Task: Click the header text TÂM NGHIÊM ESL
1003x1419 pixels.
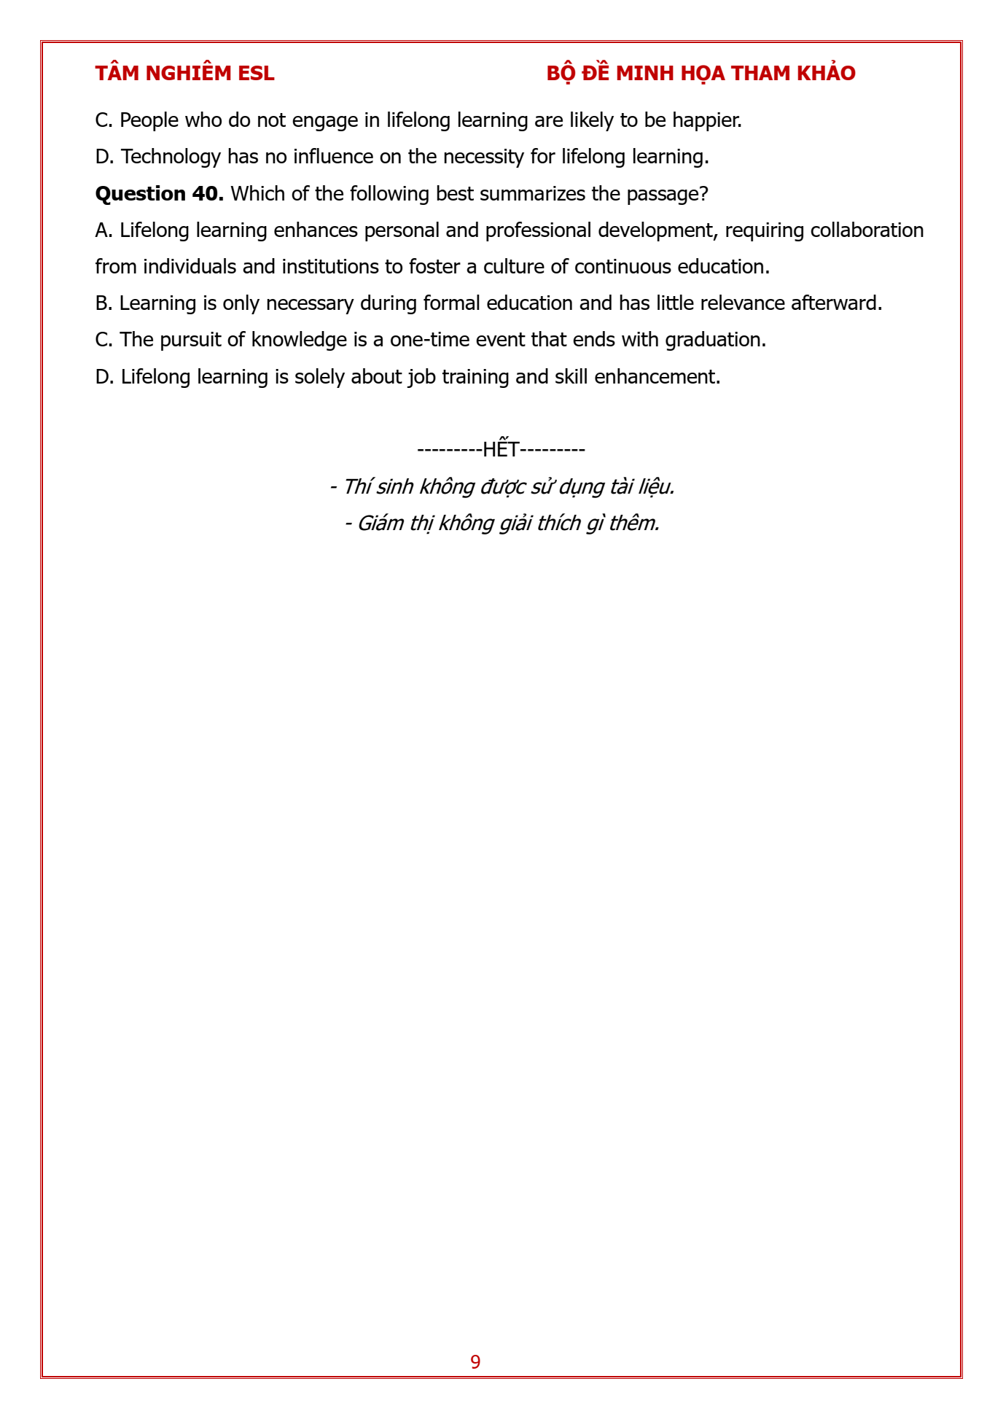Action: tap(184, 74)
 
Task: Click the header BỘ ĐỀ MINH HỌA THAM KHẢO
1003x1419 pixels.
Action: tap(700, 74)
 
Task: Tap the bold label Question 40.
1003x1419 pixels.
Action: tap(159, 194)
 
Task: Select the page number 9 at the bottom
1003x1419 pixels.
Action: tap(475, 1362)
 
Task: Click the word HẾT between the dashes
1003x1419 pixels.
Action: tap(501, 449)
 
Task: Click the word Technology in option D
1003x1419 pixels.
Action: tap(171, 157)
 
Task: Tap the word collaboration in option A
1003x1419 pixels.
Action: tap(867, 230)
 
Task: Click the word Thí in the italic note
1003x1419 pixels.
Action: tap(356, 486)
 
